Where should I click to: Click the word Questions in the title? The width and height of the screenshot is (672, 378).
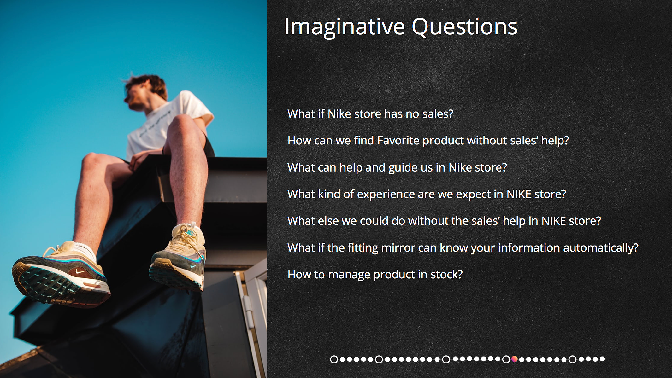[465, 27]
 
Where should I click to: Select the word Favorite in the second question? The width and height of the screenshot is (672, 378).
[398, 141]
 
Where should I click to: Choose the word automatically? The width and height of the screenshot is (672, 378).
[601, 248]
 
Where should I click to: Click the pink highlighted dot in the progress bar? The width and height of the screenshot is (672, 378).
[514, 359]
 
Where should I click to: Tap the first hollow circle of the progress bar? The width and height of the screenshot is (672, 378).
[334, 359]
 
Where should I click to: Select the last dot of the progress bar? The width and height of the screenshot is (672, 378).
[602, 359]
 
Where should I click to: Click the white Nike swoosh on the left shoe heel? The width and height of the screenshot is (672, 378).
[80, 271]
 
